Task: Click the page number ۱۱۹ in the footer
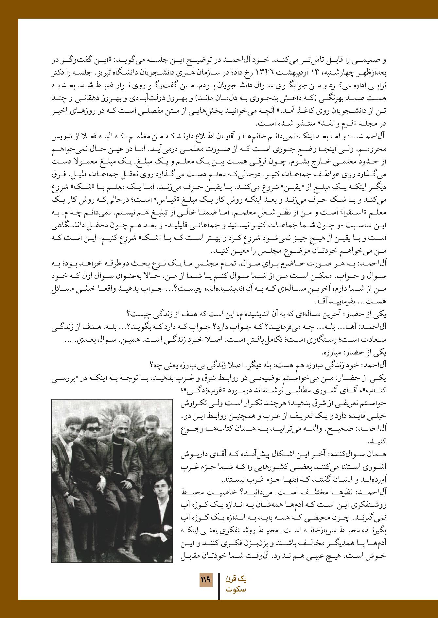point(205,581)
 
